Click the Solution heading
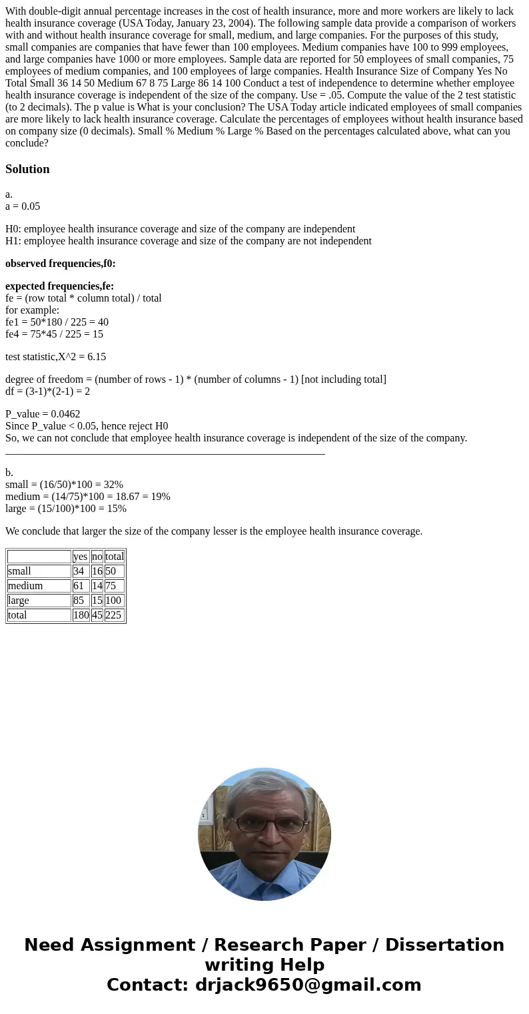tap(27, 169)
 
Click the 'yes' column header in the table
tap(80, 557)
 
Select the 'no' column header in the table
tap(97, 557)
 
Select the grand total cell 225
tap(113, 615)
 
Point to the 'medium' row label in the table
tap(25, 586)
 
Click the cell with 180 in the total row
tap(81, 615)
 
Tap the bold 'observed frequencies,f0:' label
tap(61, 264)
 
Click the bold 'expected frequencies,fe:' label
tap(60, 286)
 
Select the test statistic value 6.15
tap(97, 357)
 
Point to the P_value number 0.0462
tap(65, 414)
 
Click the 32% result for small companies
tap(113, 485)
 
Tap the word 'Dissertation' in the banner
tap(444, 945)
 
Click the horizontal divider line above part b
tap(165, 453)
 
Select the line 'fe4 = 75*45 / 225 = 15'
tap(54, 334)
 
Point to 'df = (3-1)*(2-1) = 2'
tap(47, 391)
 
